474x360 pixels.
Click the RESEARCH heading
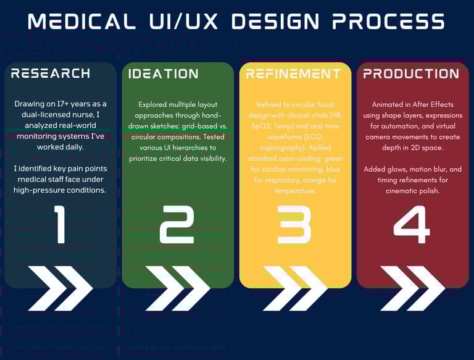(51, 73)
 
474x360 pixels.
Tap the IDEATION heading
(163, 73)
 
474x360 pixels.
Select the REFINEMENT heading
(293, 73)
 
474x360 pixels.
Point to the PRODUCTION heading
(411, 73)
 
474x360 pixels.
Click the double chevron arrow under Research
(60, 288)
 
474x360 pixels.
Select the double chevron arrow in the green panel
(177, 288)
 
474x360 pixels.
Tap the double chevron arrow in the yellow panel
(294, 288)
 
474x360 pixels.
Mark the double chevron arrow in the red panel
(412, 288)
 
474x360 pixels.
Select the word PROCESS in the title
(388, 22)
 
